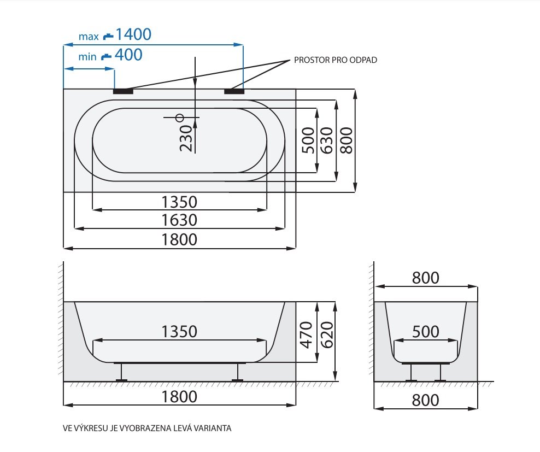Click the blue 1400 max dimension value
(x=133, y=34)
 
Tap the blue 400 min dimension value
(x=128, y=55)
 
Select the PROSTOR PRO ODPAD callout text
(x=336, y=60)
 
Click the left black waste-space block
(x=124, y=91)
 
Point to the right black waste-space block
(x=234, y=91)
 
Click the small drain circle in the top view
(x=180, y=118)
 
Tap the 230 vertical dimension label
(x=186, y=138)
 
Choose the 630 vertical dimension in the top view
(x=327, y=140)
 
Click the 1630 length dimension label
(x=179, y=220)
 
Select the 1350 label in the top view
(x=179, y=202)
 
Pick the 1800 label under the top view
(x=179, y=240)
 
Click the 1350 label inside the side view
(x=179, y=331)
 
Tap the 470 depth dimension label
(x=306, y=335)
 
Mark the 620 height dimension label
(x=327, y=335)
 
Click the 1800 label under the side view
(x=179, y=397)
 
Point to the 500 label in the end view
(x=426, y=332)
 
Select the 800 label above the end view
(x=426, y=278)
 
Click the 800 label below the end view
(x=426, y=400)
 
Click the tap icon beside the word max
(x=108, y=36)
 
